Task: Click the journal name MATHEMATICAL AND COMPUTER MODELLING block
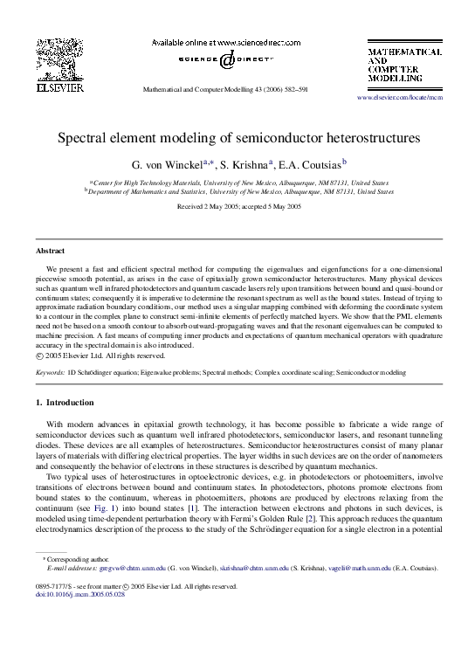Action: click(403, 66)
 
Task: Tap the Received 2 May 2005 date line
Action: click(237, 206)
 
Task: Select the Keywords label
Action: click(49, 372)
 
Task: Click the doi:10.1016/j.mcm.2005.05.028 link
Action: click(80, 593)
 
